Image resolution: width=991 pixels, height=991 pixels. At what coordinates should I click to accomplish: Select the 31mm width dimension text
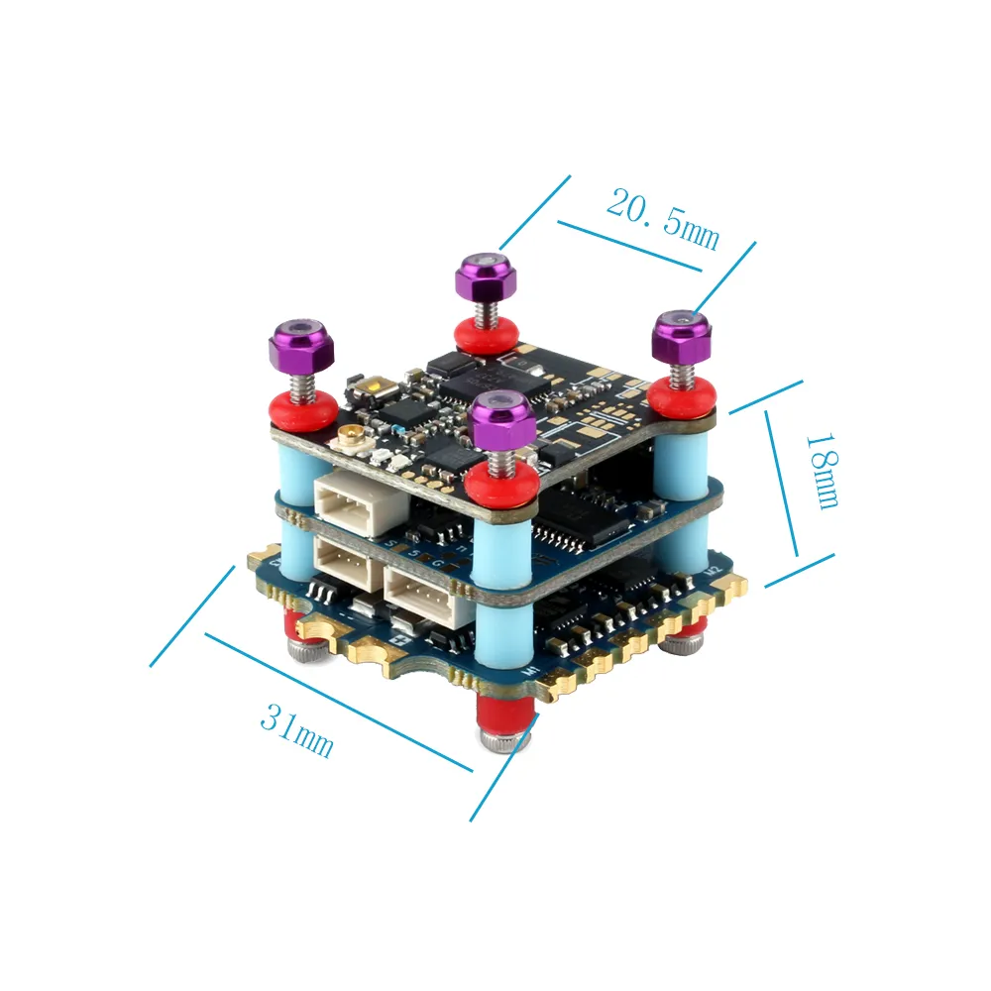[296, 728]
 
